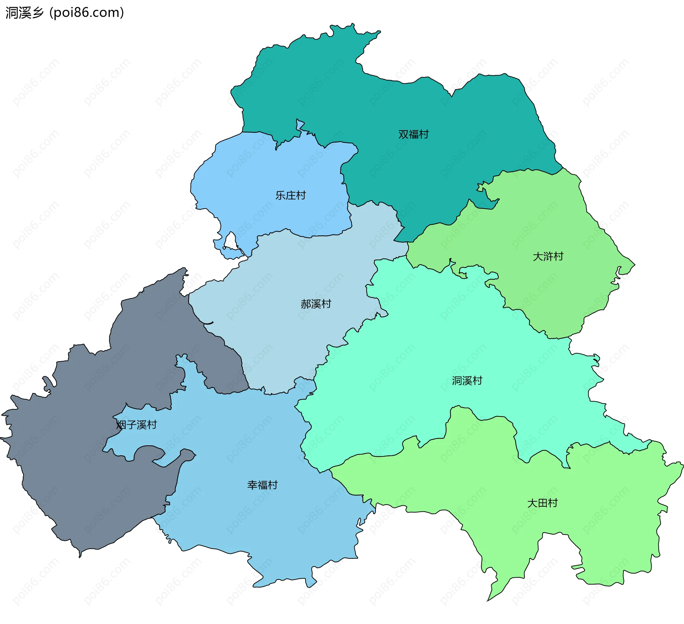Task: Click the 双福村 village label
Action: click(x=413, y=134)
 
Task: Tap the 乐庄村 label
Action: click(x=290, y=195)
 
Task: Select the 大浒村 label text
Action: click(x=548, y=256)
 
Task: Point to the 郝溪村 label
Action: click(x=316, y=304)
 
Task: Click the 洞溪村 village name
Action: click(x=467, y=381)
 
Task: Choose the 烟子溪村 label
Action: click(x=136, y=425)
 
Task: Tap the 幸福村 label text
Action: click(x=262, y=485)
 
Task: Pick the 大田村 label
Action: click(x=542, y=503)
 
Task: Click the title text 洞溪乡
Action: click(x=24, y=13)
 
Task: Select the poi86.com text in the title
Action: click(x=87, y=13)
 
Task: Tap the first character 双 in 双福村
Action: click(x=403, y=134)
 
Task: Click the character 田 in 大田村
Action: click(x=543, y=503)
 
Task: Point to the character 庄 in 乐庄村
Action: click(x=291, y=195)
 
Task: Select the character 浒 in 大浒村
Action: click(x=548, y=256)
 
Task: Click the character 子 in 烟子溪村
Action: click(x=131, y=425)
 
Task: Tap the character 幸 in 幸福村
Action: click(x=252, y=485)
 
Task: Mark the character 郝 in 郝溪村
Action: click(x=306, y=304)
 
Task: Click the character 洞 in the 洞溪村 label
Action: click(x=457, y=381)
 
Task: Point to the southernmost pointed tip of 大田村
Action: click(x=488, y=600)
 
